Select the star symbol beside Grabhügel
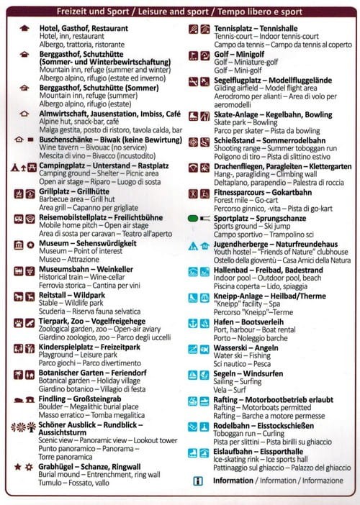[17, 447]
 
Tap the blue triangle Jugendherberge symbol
[193, 245]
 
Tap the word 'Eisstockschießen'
[302, 427]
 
